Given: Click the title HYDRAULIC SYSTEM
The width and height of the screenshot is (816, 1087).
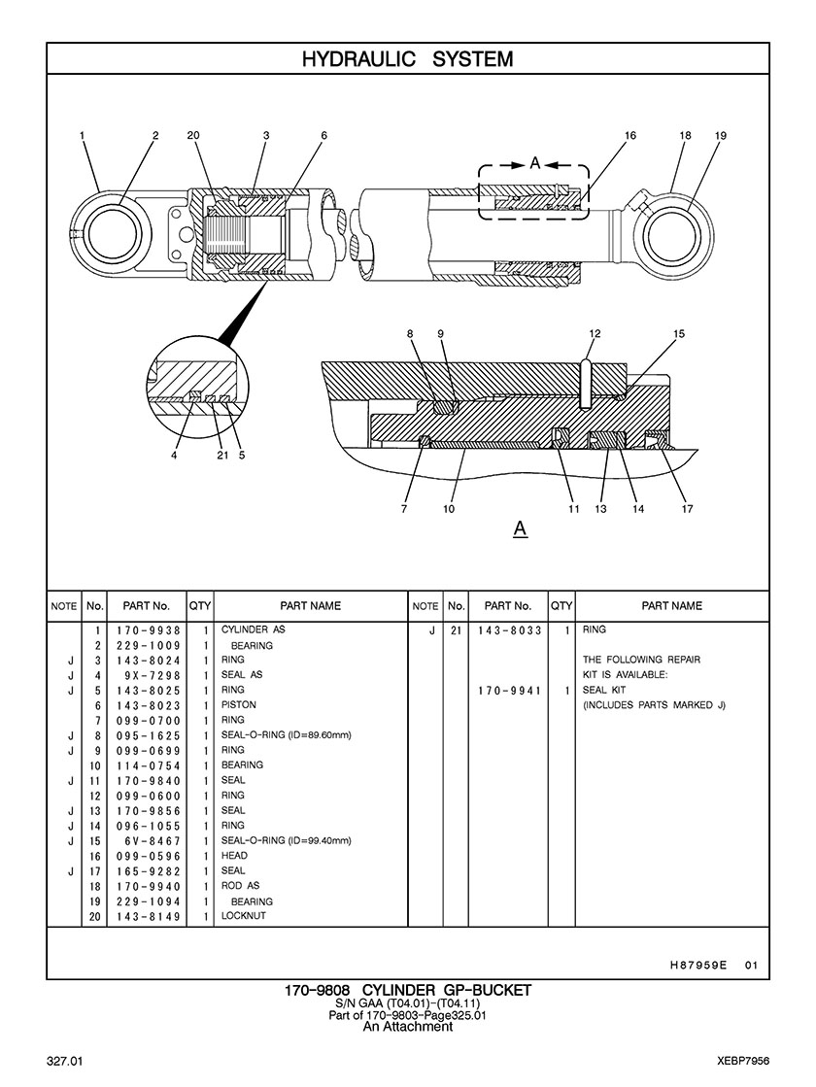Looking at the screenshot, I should point(407,59).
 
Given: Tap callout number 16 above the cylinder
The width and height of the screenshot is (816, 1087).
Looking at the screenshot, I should point(630,136).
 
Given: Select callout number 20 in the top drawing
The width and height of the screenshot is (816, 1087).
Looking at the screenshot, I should point(193,136).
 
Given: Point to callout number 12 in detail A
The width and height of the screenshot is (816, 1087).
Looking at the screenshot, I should point(595,334).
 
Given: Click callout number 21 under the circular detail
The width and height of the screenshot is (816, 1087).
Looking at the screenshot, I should point(222,455).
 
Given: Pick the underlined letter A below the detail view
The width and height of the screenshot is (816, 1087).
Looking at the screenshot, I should point(520,528).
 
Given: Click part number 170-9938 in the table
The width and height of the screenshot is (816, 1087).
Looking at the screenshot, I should point(149,630).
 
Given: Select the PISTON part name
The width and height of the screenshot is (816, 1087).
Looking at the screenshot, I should point(239,705).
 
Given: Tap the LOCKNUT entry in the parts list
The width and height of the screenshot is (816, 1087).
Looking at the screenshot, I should point(244,916).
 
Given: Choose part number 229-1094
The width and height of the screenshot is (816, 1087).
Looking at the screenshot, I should point(149,901).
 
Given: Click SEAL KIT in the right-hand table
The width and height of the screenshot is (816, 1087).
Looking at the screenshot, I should point(603,691).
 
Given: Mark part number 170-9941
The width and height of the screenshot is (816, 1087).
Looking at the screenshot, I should point(509,691).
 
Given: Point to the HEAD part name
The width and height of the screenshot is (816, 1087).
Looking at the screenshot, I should point(234,856).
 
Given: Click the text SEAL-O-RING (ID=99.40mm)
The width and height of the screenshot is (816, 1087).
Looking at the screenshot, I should point(286,841).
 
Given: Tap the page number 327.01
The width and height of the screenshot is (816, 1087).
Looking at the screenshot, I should point(71,1058).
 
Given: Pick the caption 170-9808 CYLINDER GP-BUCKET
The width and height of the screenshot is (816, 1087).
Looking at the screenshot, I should point(407,990).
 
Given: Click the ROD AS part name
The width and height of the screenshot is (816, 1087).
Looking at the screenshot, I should point(241,886).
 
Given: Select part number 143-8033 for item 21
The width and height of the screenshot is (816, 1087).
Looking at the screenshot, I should point(509,630).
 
